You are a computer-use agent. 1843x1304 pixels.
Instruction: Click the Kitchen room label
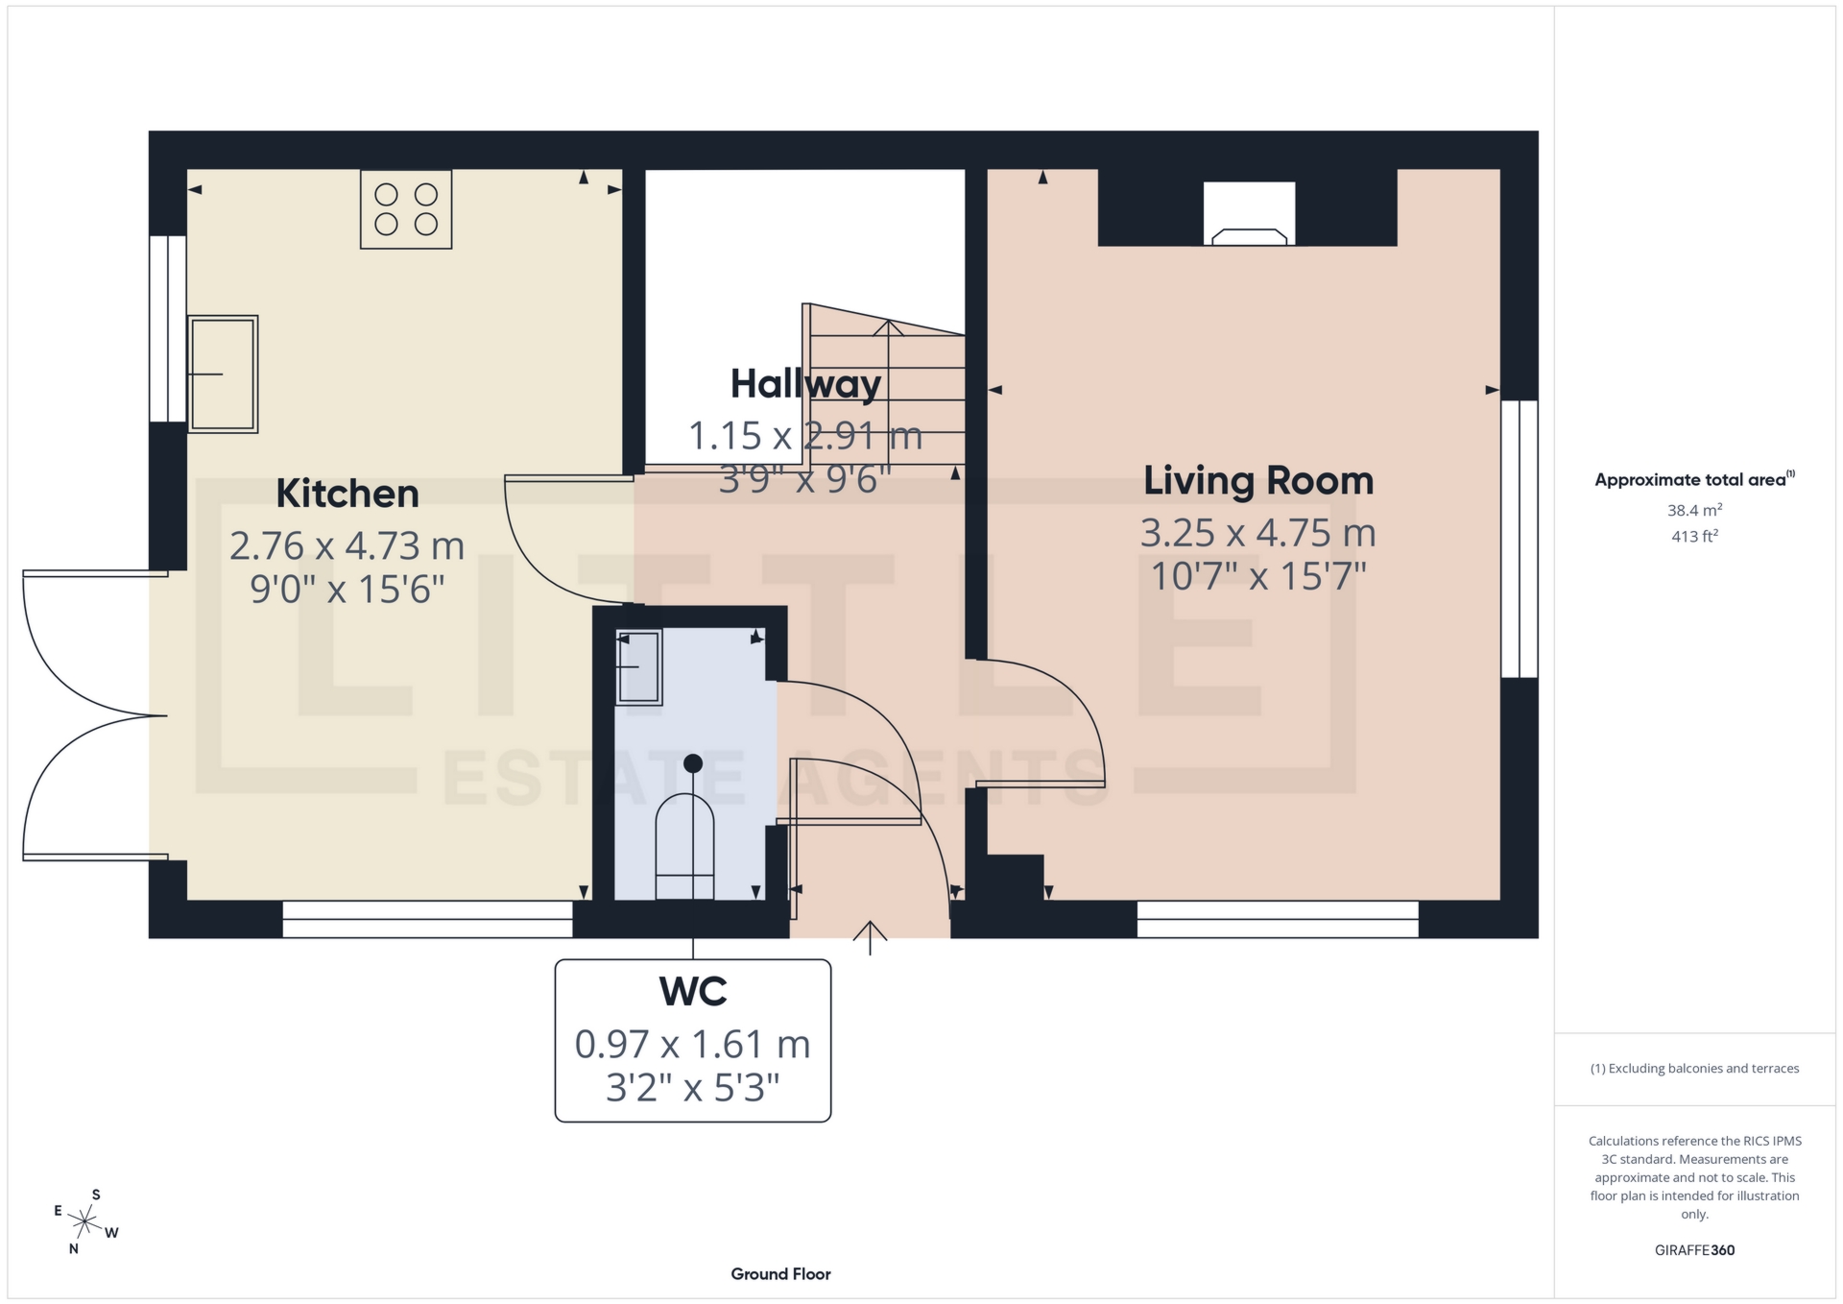tap(347, 494)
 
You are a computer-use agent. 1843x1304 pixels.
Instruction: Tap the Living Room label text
tap(1257, 480)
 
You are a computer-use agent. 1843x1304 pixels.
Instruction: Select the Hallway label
tap(804, 384)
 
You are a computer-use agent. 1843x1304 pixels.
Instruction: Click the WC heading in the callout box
tap(692, 991)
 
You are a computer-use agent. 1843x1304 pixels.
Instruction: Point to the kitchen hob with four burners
tap(406, 209)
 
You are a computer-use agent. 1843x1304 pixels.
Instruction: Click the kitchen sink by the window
tap(223, 374)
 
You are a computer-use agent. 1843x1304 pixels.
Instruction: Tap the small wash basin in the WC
tap(637, 666)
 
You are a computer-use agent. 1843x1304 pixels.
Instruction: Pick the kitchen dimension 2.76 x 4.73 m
tap(347, 545)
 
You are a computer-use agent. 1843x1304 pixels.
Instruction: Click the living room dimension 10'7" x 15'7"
tap(1257, 576)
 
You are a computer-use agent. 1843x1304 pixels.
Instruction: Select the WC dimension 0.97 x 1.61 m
tap(692, 1044)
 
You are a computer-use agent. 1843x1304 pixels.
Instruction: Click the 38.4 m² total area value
tap(1694, 510)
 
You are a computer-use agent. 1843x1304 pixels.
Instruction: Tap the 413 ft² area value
tap(1694, 536)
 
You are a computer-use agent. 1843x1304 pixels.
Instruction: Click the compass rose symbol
tap(85, 1221)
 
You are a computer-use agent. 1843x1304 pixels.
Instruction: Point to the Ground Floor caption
tap(780, 1274)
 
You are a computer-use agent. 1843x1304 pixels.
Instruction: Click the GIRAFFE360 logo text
tap(1694, 1250)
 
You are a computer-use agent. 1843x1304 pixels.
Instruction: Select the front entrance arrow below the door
tap(870, 937)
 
